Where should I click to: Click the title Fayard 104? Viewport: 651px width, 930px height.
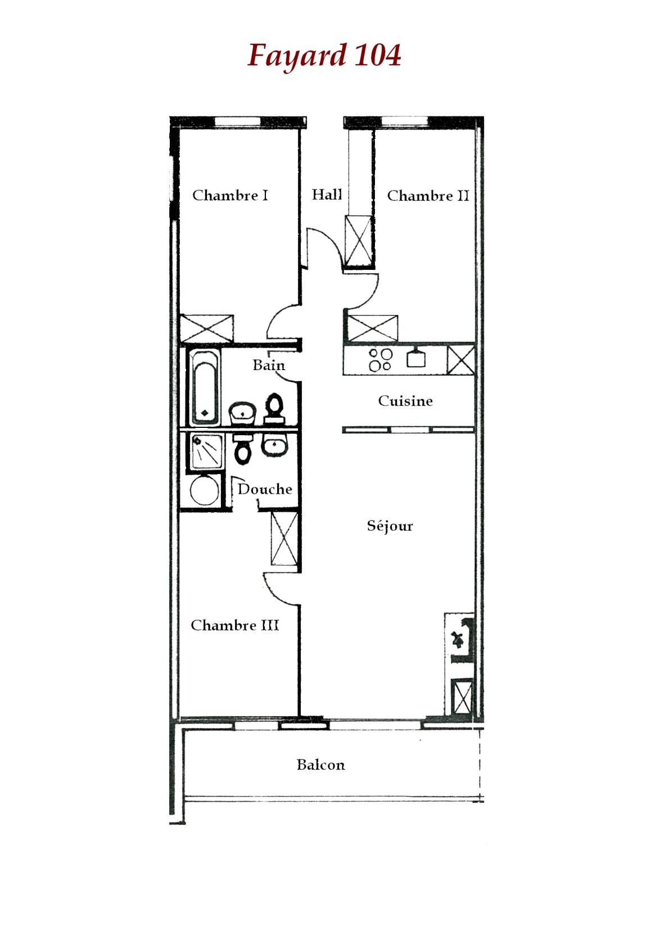coord(324,56)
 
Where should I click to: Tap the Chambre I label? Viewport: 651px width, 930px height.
coord(230,195)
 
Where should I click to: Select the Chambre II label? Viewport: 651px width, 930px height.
coord(428,196)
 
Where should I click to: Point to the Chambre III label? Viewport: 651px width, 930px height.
coord(234,625)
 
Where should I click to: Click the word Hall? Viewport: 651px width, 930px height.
coord(327,194)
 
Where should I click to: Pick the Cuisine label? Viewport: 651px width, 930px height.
coord(405,401)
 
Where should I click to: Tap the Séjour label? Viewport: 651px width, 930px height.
coord(390,526)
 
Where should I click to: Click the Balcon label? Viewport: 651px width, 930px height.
coord(320,764)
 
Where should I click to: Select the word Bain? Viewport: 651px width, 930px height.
coord(269,365)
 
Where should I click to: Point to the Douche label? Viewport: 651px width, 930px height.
coord(265,489)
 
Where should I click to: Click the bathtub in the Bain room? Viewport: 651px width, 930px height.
coord(204,388)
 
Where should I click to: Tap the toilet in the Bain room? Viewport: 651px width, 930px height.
coord(274,409)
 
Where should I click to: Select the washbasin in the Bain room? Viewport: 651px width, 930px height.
coord(242,413)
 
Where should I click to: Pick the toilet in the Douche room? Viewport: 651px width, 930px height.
coord(243,449)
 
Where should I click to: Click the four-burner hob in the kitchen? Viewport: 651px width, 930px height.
coord(380,360)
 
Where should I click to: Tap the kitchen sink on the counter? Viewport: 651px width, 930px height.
coord(416,358)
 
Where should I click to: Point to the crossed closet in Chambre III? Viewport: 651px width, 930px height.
coord(284,539)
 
